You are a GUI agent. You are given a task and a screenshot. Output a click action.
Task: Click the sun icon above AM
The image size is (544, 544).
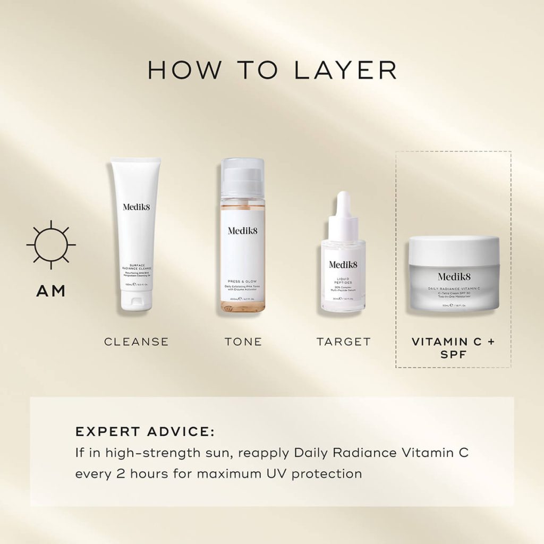click(x=51, y=245)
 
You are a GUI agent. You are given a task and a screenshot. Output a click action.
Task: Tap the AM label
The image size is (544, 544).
click(x=51, y=291)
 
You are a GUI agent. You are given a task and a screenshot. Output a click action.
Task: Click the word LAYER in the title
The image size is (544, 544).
click(x=345, y=71)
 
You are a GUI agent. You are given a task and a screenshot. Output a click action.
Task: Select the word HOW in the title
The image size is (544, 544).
click(x=179, y=71)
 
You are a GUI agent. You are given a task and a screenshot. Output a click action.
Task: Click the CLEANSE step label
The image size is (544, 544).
click(x=136, y=342)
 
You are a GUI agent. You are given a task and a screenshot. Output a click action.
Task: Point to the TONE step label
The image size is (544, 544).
click(x=243, y=342)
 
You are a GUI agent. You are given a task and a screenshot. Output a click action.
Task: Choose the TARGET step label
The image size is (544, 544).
click(x=344, y=342)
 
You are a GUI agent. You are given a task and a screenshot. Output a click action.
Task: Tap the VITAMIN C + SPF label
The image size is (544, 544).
click(x=453, y=347)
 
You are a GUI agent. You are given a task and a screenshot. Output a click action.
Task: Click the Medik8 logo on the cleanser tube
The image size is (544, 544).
click(x=136, y=207)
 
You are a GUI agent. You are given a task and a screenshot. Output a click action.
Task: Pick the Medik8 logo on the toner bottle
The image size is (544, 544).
click(x=243, y=230)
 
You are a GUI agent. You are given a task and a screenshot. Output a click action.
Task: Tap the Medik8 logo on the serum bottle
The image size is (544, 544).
click(x=343, y=264)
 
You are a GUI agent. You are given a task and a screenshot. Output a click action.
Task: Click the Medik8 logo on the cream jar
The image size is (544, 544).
click(x=454, y=276)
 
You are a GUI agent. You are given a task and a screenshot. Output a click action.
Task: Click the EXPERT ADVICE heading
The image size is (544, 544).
click(x=144, y=431)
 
